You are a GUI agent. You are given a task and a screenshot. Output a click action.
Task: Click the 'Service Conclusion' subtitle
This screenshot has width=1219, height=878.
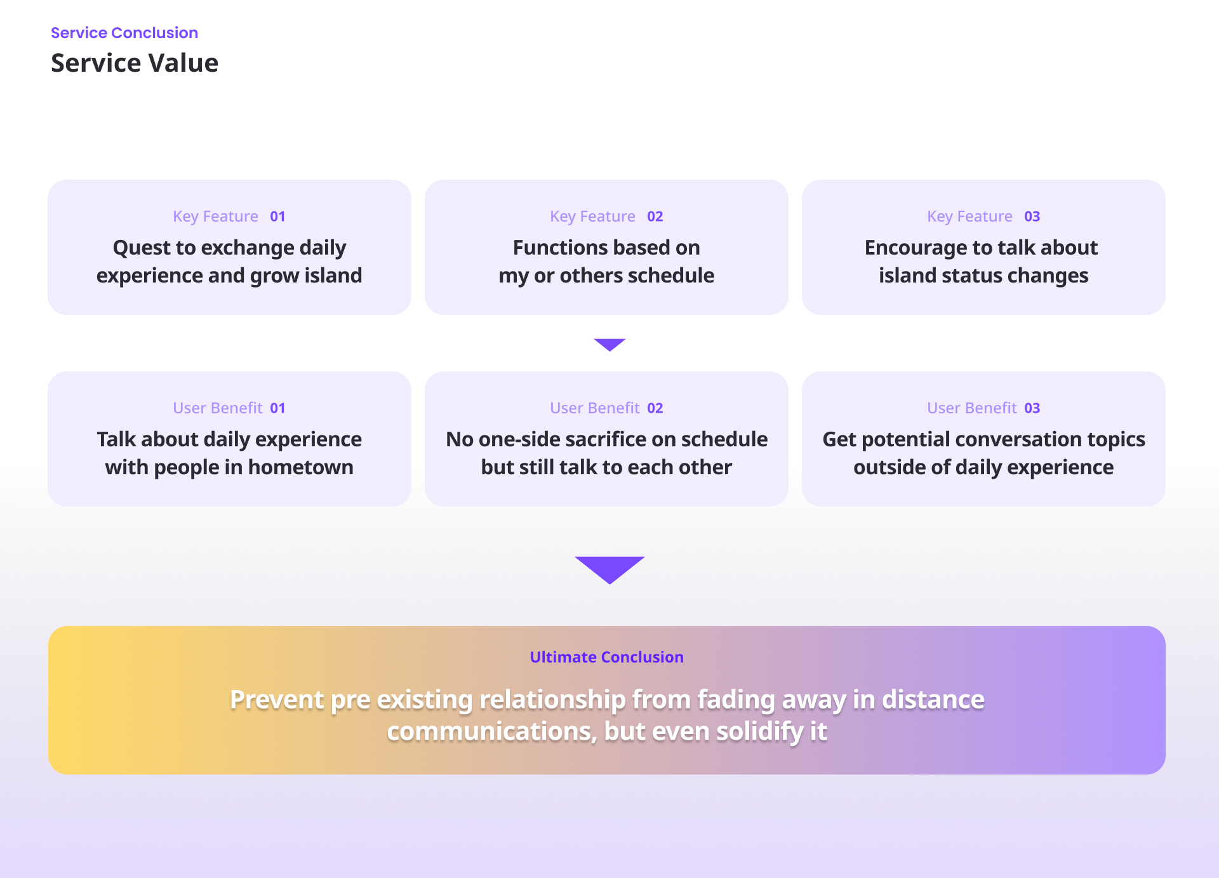pyautogui.click(x=124, y=33)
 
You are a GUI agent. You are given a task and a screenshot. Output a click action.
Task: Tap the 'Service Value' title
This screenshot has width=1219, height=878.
pyautogui.click(x=135, y=63)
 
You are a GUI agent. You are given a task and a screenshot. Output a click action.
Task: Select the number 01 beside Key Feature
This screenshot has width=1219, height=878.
pyautogui.click(x=277, y=216)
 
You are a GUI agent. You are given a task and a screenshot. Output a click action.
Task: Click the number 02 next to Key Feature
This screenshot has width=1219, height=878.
pyautogui.click(x=655, y=216)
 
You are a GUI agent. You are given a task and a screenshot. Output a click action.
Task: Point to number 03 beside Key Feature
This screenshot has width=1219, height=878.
pyautogui.click(x=1032, y=216)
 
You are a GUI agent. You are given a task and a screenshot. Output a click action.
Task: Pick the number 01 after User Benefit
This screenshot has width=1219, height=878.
pyautogui.click(x=277, y=408)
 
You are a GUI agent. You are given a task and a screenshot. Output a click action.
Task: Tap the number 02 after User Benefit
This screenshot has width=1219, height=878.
pyautogui.click(x=655, y=408)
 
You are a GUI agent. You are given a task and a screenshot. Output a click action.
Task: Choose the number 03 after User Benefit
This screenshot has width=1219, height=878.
pyautogui.click(x=1032, y=408)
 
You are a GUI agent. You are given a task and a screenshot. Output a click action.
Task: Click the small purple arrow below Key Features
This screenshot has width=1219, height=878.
pyautogui.click(x=609, y=344)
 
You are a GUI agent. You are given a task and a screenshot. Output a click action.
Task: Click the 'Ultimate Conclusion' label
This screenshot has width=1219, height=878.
pyautogui.click(x=607, y=657)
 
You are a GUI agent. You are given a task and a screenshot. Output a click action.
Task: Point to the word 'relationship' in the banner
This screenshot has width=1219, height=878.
pyautogui.click(x=552, y=700)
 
